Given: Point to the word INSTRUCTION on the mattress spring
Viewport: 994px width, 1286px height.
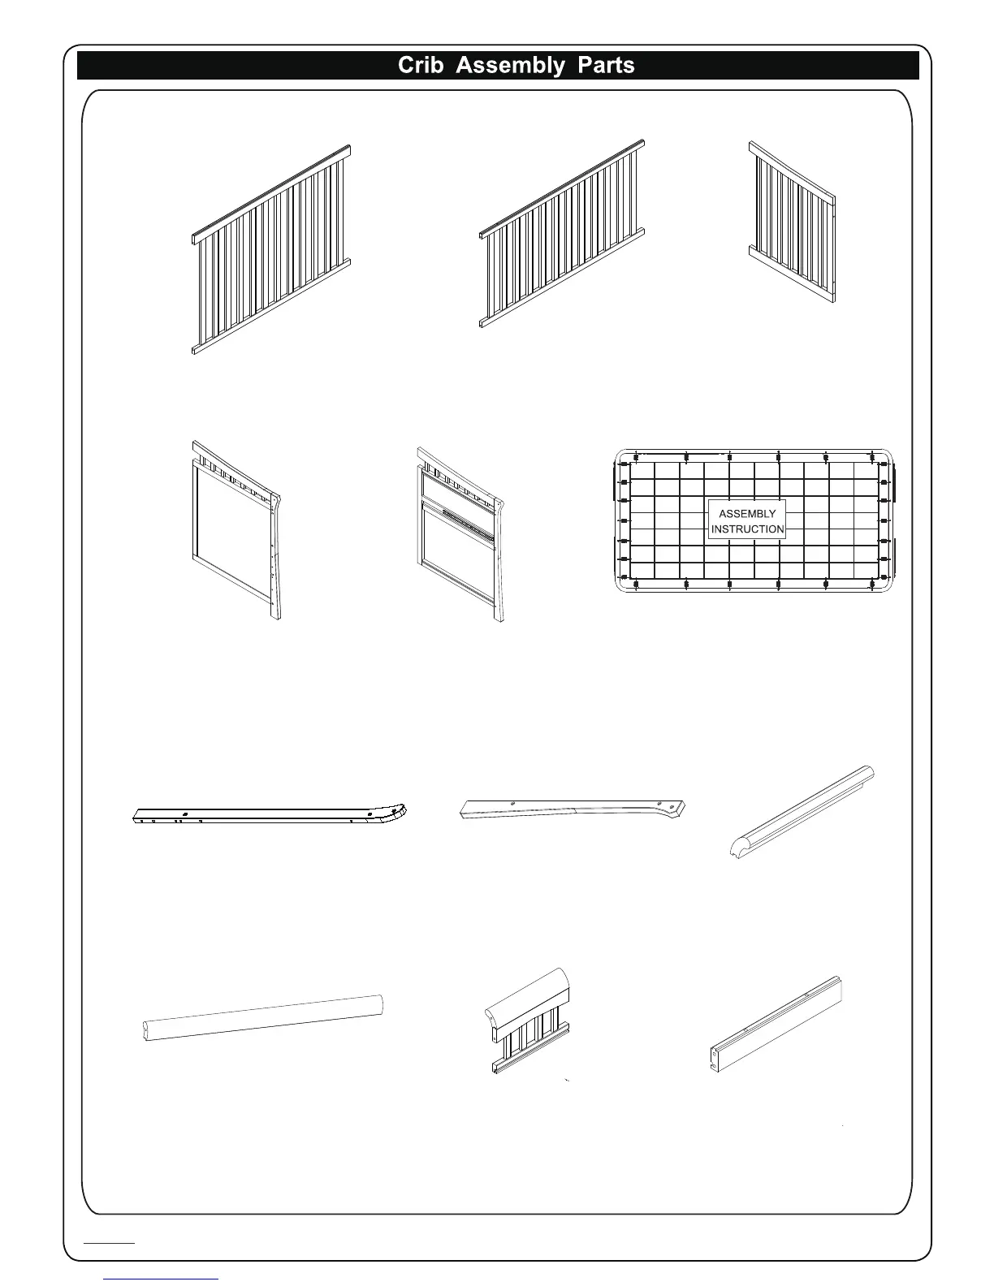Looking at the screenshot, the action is [747, 529].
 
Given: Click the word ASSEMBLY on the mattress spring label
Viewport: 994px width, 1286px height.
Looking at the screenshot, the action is [747, 514].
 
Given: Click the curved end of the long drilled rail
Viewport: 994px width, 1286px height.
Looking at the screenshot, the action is [393, 810].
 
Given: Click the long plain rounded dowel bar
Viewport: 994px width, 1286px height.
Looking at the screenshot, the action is [260, 1016].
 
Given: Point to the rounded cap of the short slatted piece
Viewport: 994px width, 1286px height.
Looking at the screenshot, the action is [528, 990].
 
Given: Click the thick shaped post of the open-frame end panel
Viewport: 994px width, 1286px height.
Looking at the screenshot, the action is [276, 560].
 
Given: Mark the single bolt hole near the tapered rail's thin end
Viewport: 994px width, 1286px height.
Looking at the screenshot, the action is [512, 803].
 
